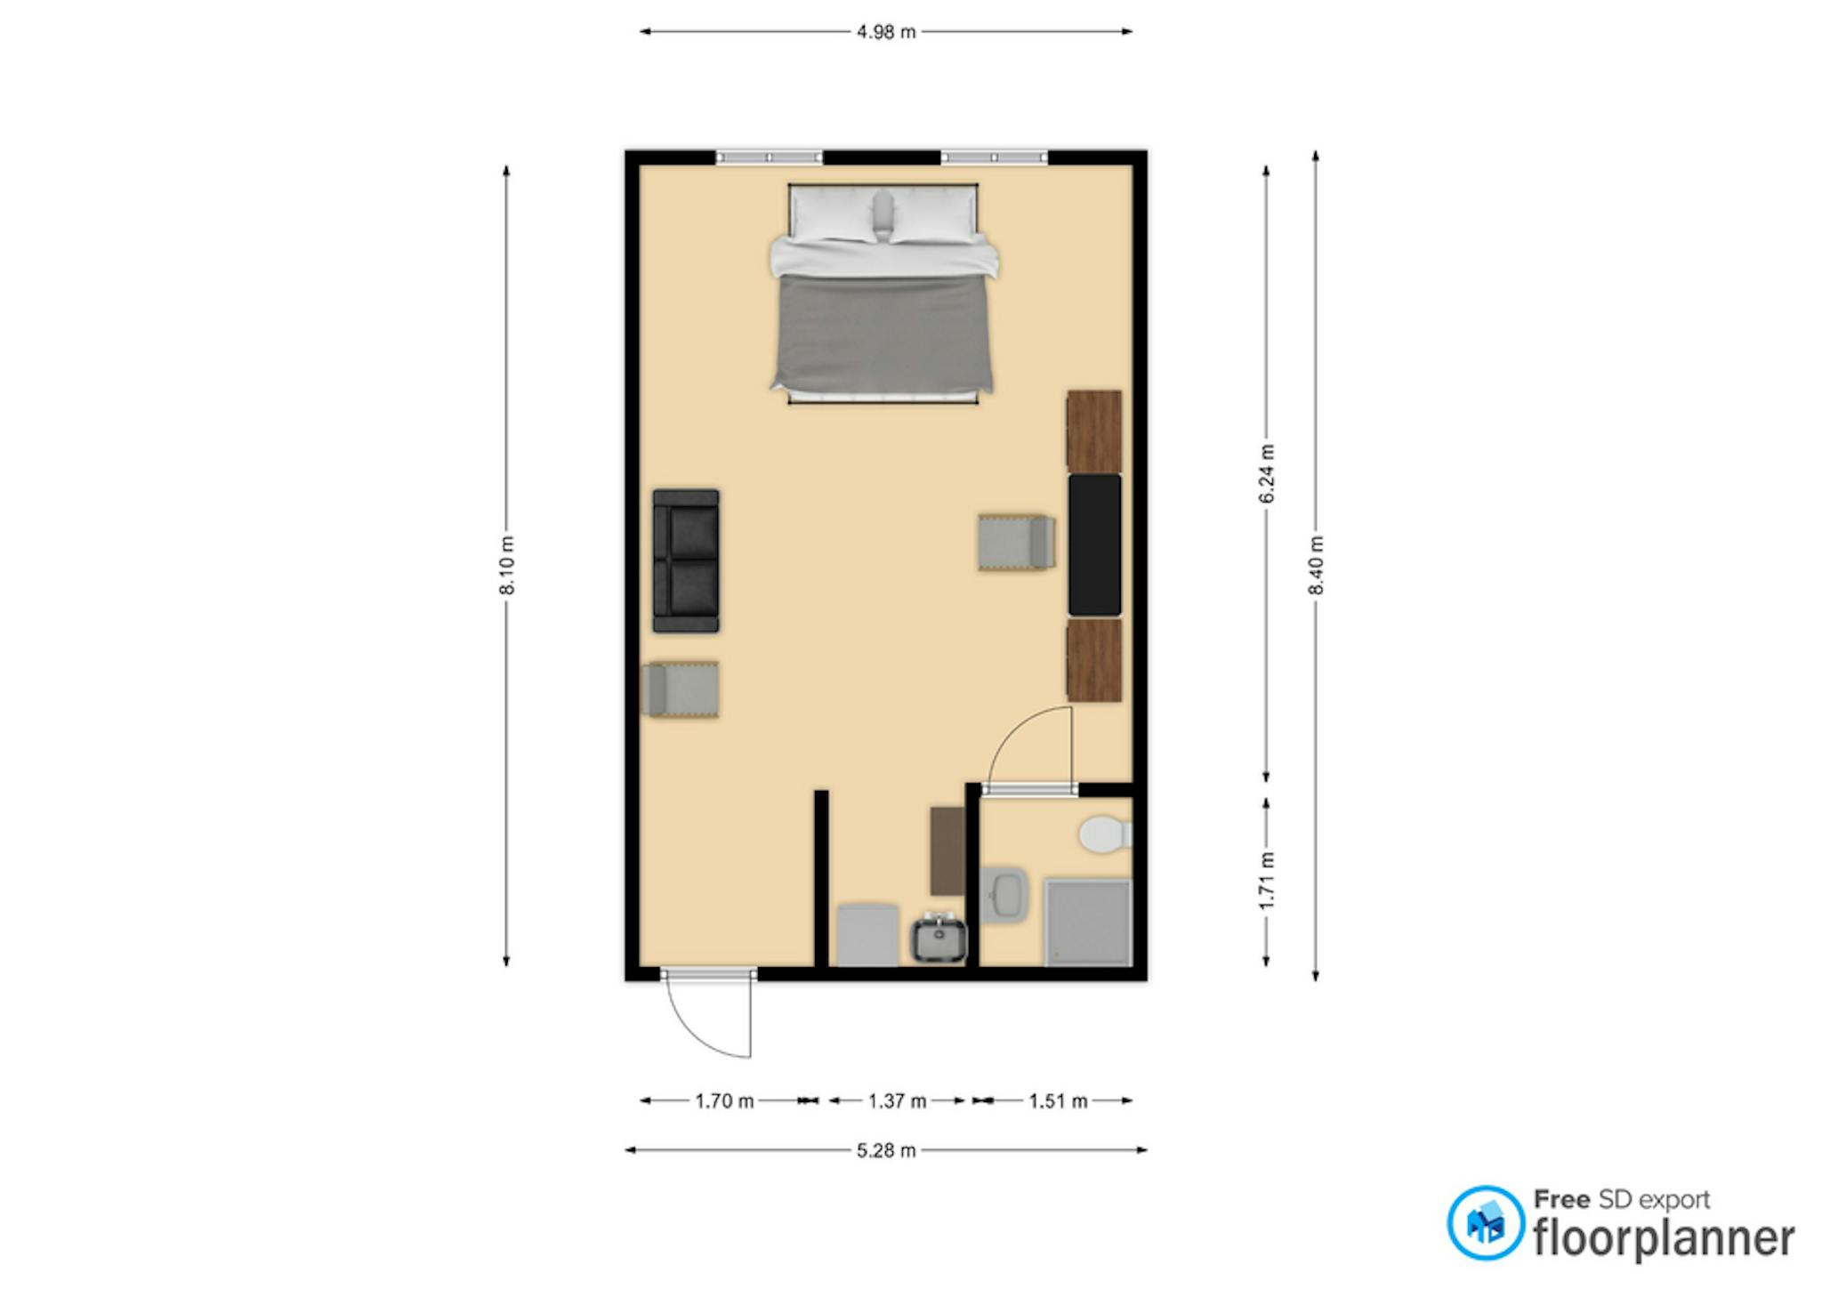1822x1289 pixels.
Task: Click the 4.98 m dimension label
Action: point(885,32)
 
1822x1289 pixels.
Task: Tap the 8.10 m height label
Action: point(506,566)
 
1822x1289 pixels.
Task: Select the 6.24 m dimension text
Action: point(1266,473)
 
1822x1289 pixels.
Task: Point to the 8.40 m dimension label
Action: point(1316,566)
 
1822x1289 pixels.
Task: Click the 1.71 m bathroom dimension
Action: point(1266,881)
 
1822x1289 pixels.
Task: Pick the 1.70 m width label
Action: point(724,1101)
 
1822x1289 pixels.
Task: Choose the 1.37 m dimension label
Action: point(897,1101)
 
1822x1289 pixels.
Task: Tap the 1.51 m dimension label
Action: point(1058,1101)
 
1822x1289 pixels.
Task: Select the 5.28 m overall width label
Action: point(885,1151)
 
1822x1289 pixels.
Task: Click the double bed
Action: point(883,294)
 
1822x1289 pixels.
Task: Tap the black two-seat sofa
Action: point(686,560)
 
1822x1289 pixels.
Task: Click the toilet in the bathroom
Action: point(1105,834)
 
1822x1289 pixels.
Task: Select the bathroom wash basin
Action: point(1004,893)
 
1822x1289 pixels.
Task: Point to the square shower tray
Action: point(1088,922)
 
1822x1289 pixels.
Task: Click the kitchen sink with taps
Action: point(939,939)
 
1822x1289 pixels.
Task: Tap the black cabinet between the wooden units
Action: point(1094,544)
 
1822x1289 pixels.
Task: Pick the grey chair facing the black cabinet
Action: point(1016,542)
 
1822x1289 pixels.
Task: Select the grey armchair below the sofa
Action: point(681,689)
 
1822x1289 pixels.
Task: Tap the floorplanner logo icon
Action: point(1485,1222)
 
